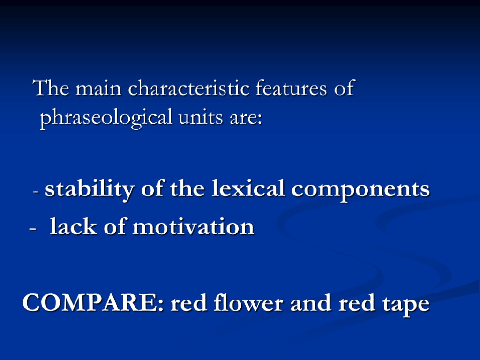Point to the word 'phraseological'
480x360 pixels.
click(106, 118)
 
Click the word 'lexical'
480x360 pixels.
click(248, 189)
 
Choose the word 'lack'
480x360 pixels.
click(72, 227)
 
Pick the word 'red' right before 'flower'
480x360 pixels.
click(187, 303)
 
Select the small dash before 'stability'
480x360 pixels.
click(37, 192)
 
